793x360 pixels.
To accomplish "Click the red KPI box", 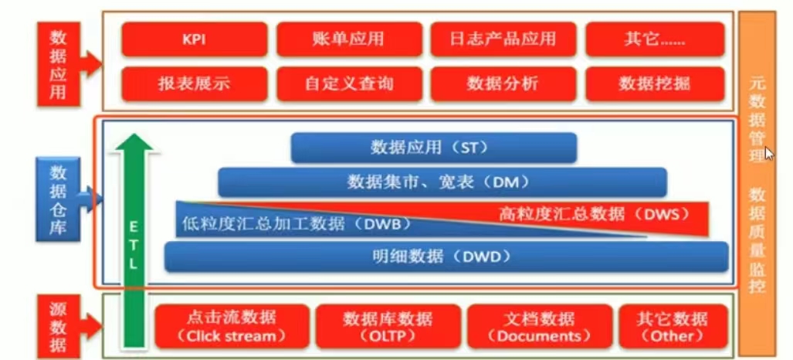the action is [x=194, y=39].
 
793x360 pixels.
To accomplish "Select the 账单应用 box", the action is [x=349, y=39].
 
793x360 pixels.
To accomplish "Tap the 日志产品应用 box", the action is [x=503, y=39].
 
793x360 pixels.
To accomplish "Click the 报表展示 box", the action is [x=194, y=83].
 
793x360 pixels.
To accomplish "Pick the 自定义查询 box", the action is [x=349, y=83].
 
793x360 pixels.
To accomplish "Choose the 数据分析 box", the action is [x=503, y=83].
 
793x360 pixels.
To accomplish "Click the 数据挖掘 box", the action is [x=654, y=83].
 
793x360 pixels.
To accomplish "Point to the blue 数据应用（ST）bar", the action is [x=433, y=148].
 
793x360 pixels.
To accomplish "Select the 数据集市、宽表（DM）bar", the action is [x=441, y=182].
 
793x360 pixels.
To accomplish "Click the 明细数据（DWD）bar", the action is [x=446, y=256].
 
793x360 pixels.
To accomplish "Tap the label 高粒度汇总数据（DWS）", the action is [x=593, y=214].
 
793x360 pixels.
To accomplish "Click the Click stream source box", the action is [x=232, y=326].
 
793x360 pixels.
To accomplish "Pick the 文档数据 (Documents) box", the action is [x=540, y=326].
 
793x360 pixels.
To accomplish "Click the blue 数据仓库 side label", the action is [x=58, y=199].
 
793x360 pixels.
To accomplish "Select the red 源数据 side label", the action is [x=58, y=325].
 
